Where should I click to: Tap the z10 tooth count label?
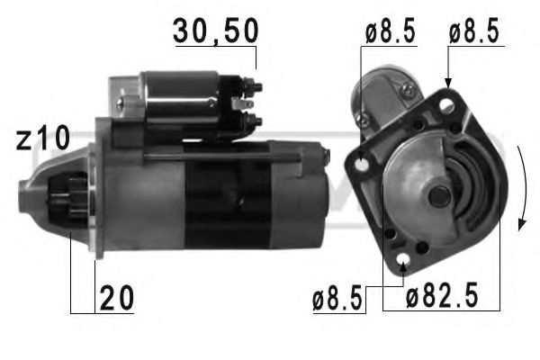click(42, 139)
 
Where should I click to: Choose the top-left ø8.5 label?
click(390, 33)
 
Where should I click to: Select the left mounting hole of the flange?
click(363, 165)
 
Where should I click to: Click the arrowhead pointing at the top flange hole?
click(447, 84)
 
